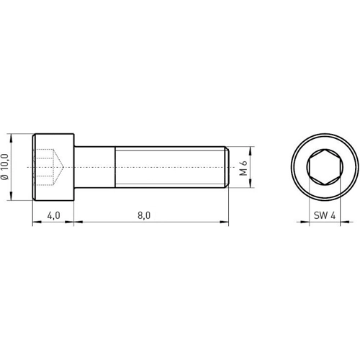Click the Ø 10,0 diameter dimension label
coord(5,166)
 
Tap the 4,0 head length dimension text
coord(53,215)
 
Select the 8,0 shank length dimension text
coord(144,215)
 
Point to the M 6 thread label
coord(243,168)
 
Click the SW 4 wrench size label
coord(325,215)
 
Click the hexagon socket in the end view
coord(325,167)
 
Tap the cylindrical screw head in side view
coord(53,167)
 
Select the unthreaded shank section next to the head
coord(95,167)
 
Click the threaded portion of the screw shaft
coord(171,167)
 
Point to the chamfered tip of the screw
coord(227,167)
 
